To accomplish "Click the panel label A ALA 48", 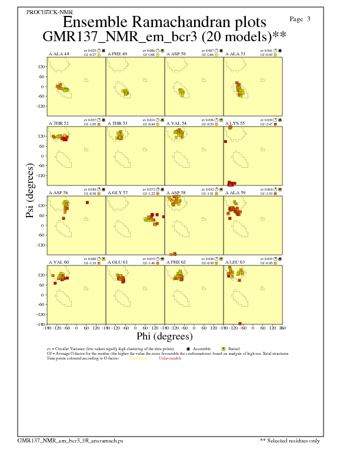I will (58, 54).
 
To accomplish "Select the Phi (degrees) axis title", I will (164, 337).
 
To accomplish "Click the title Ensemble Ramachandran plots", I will (164, 22).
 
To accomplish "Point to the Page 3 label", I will (301, 19).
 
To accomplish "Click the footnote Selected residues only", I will (294, 440).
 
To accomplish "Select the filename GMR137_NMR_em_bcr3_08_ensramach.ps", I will (70, 440).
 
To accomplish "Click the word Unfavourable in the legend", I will (169, 358).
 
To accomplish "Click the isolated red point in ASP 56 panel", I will (87, 202).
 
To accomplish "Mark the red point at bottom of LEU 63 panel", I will (240, 323).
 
